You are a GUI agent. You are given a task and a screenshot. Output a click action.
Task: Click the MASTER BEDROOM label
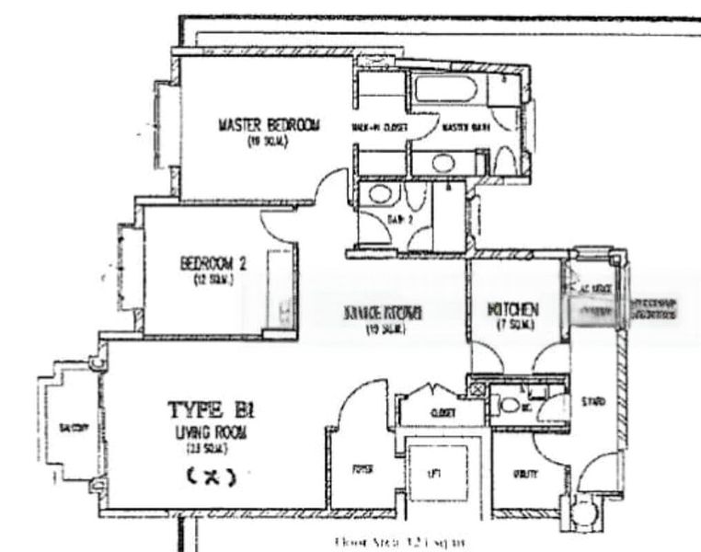(x=269, y=124)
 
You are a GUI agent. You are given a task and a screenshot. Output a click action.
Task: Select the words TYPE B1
(x=207, y=409)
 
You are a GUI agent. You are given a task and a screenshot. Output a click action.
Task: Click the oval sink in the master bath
(x=442, y=164)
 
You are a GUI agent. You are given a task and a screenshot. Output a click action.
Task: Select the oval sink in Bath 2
(x=376, y=193)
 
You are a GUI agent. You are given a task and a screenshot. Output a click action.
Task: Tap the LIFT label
(x=435, y=472)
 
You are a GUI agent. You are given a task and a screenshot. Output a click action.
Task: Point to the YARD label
(x=592, y=402)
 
